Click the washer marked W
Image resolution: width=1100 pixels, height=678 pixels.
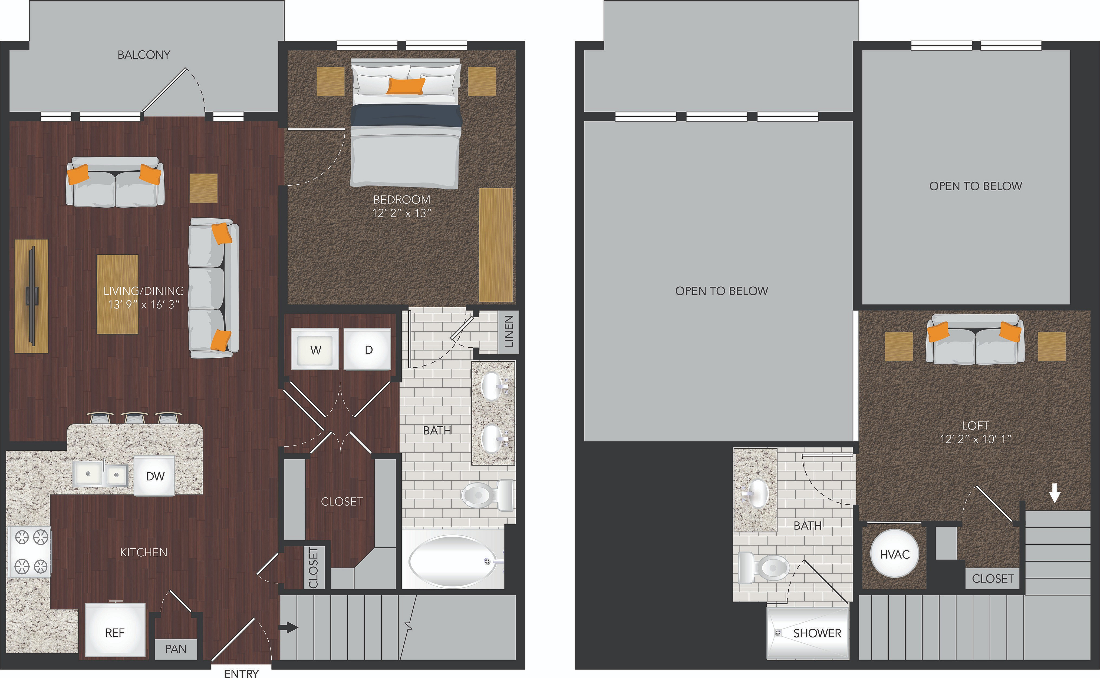[315, 349]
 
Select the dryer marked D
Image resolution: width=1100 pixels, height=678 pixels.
[367, 349]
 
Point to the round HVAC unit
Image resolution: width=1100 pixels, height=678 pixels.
[895, 554]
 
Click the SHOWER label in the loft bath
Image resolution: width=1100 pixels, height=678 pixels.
[817, 633]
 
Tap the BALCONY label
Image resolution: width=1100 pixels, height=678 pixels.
[144, 55]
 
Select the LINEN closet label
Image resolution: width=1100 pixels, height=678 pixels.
[509, 331]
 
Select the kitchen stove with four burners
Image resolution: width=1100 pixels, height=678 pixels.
[29, 551]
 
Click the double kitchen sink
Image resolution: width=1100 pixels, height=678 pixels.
[101, 474]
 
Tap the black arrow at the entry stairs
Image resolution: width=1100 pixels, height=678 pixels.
[288, 627]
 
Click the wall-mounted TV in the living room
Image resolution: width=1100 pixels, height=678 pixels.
[31, 296]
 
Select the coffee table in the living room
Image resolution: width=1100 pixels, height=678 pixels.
[117, 294]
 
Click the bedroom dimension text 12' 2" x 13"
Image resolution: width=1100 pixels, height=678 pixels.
[401, 214]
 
